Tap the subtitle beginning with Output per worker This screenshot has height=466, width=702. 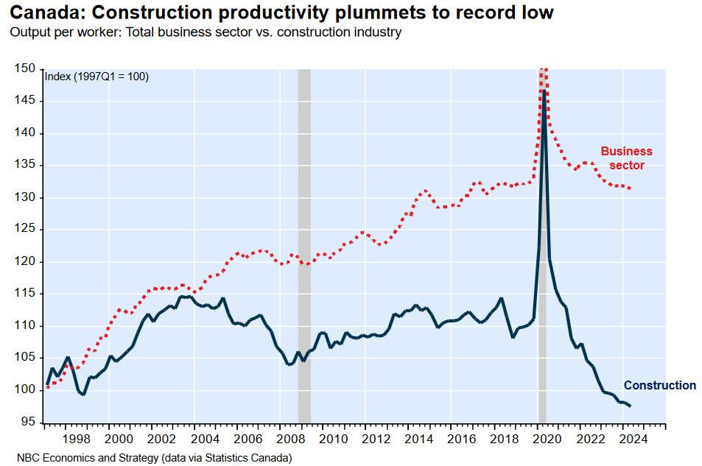click(205, 34)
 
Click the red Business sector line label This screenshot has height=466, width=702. click(626, 158)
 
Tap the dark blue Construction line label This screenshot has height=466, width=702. click(659, 385)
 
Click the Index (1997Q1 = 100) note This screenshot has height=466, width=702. click(97, 77)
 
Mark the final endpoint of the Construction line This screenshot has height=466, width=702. click(630, 406)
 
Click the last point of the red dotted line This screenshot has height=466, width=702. click(631, 188)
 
